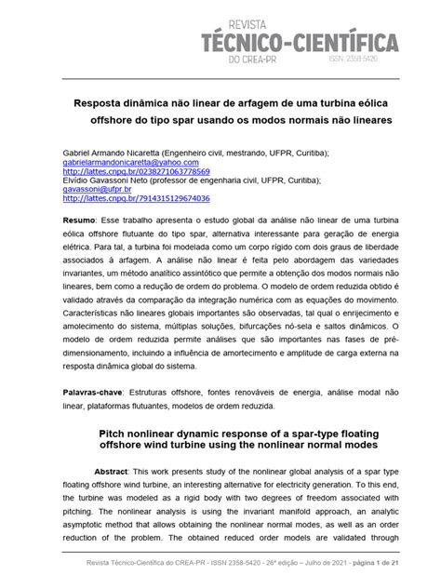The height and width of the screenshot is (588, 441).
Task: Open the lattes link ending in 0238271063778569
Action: pos(136,172)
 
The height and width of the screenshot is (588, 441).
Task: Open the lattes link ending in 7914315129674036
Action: pos(136,199)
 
